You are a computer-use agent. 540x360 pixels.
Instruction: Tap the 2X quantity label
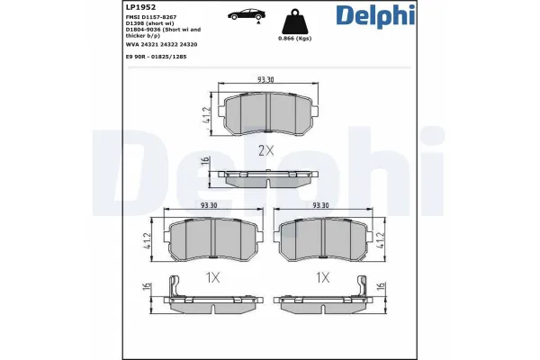(x=266, y=151)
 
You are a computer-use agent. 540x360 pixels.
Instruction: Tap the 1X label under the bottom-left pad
(x=212, y=278)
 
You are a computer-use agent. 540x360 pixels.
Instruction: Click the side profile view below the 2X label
(x=266, y=177)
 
